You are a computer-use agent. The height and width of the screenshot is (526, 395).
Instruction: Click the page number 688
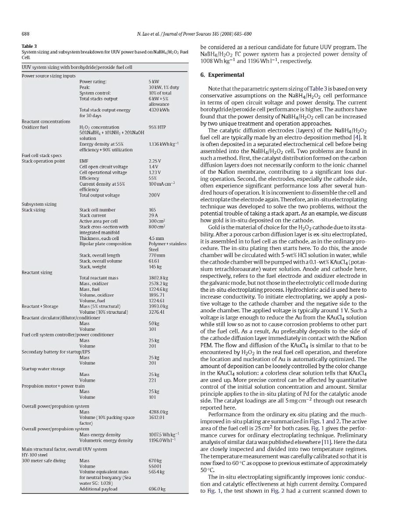point(25,34)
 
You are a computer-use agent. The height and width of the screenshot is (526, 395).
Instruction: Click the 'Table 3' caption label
point(29,46)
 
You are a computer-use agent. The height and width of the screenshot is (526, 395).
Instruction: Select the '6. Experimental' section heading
point(222,75)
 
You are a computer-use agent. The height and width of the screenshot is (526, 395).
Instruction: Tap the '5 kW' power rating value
point(154,81)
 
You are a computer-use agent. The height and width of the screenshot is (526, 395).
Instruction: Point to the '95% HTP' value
point(157,127)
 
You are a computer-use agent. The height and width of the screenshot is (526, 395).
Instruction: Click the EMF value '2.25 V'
point(155,161)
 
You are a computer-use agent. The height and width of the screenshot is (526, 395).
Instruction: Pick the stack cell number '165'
point(152,210)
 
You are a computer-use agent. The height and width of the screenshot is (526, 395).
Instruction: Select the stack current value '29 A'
point(153,215)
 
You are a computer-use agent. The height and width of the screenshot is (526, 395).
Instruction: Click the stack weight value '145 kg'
point(155,266)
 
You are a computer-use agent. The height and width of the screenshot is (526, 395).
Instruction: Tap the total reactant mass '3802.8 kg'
point(158,278)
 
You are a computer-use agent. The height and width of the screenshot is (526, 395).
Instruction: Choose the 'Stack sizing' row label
point(33,210)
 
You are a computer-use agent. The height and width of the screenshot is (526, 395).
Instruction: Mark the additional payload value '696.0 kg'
point(158,489)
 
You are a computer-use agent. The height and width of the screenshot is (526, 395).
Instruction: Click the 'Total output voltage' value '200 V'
point(154,195)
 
